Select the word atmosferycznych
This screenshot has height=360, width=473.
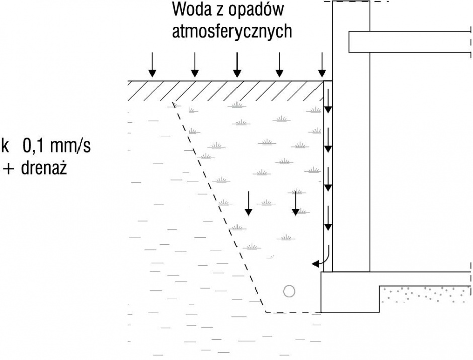point(232,31)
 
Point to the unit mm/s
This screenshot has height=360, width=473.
point(70,147)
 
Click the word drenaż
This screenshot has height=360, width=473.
point(44,168)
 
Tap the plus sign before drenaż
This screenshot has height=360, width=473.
point(8,169)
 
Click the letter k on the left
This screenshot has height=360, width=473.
point(5,146)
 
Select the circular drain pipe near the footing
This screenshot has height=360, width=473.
point(289,291)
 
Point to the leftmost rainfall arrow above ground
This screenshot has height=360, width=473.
point(152,64)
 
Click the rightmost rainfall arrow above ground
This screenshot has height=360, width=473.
point(322,64)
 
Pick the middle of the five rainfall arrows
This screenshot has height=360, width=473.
point(237,64)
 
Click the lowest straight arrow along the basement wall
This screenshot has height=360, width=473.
point(328,218)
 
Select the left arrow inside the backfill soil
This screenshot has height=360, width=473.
point(248,203)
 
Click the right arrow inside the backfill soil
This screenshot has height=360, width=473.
point(296,203)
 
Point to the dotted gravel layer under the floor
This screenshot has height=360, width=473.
point(425,294)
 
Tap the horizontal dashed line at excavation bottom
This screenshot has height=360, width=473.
point(293,312)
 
